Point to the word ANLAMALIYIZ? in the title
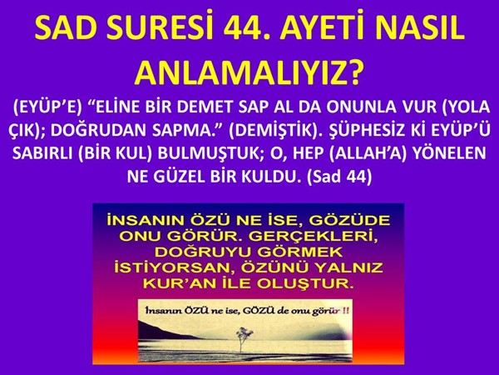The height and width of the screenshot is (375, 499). pos(249,73)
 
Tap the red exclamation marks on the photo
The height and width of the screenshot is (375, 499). pos(344,310)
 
